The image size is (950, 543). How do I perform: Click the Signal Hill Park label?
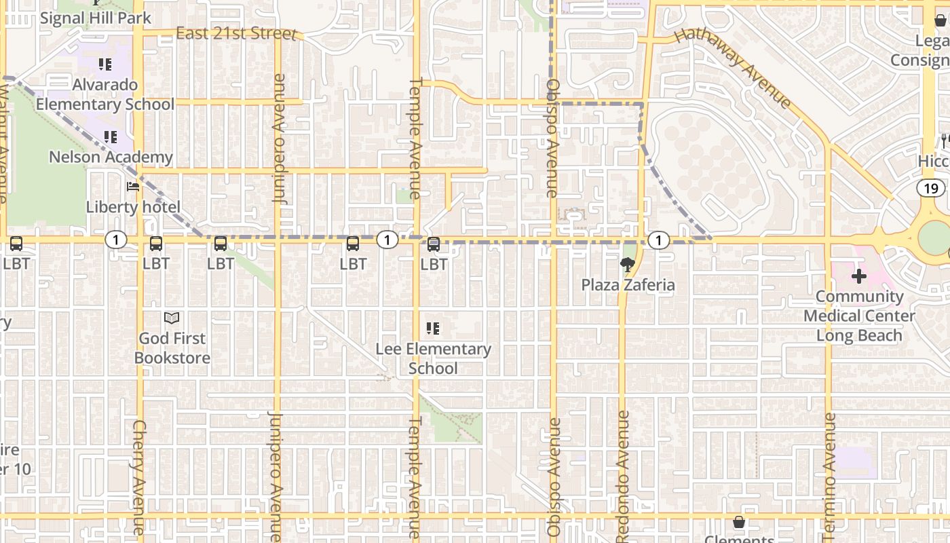click(95, 18)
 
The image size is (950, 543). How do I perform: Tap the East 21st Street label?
click(235, 33)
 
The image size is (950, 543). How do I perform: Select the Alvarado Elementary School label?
click(105, 94)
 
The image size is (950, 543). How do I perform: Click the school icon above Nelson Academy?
click(111, 137)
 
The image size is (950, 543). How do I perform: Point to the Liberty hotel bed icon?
click(133, 187)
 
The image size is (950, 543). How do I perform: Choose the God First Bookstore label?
click(172, 348)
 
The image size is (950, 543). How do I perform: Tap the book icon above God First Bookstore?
click(172, 318)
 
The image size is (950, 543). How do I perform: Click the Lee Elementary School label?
click(434, 358)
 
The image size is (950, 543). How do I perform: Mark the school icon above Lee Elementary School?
click(433, 329)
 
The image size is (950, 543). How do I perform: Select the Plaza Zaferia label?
click(628, 285)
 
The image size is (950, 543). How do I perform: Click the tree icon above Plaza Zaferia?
click(627, 265)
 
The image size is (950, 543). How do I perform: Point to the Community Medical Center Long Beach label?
click(859, 316)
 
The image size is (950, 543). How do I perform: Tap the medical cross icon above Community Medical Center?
click(859, 276)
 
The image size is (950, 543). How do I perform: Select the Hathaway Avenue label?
click(734, 68)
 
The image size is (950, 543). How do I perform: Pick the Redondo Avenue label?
click(624, 475)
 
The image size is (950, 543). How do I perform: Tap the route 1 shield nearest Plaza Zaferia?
click(658, 240)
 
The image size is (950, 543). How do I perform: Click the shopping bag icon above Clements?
click(739, 522)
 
